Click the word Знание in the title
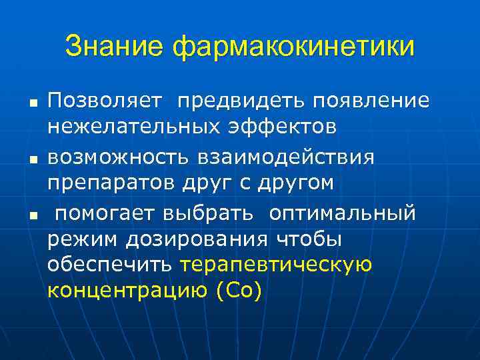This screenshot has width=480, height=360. pyautogui.click(x=114, y=47)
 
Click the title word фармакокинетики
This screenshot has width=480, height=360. pyautogui.click(x=293, y=47)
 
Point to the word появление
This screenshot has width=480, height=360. pyautogui.click(x=366, y=101)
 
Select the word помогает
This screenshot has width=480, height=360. pyautogui.click(x=104, y=213)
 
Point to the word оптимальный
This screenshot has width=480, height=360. pyautogui.click(x=343, y=213)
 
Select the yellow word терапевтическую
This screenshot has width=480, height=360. pyautogui.click(x=276, y=265)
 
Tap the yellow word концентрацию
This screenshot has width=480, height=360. pyautogui.click(x=128, y=291)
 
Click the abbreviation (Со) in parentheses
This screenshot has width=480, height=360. pyautogui.click(x=240, y=291)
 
